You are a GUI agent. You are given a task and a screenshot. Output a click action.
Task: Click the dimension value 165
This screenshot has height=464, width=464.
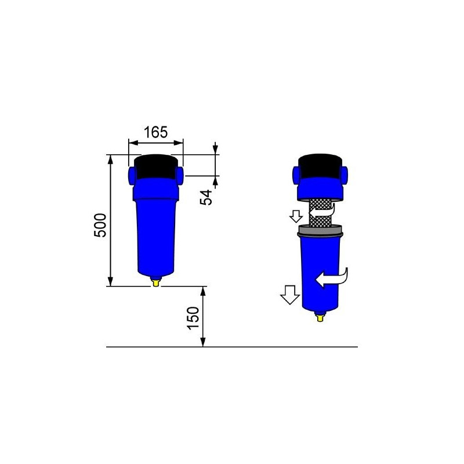[155, 132]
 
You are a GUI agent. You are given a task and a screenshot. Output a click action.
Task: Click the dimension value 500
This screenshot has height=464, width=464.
[100, 224]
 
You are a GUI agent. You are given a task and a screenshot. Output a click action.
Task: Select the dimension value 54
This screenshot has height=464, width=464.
[206, 195]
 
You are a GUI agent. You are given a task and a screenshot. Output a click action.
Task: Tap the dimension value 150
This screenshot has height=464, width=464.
[193, 317]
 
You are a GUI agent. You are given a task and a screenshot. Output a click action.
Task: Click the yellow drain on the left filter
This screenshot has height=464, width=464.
[155, 282]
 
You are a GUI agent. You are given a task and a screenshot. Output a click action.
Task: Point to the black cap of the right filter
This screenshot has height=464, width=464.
[319, 166]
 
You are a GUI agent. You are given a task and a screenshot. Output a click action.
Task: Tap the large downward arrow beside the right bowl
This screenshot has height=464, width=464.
[288, 296]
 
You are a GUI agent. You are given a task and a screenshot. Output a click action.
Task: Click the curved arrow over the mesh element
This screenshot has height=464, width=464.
[324, 217]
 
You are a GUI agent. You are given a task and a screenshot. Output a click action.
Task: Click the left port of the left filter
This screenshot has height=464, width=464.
[129, 174]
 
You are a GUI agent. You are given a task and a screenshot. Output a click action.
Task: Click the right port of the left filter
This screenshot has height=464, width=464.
[181, 174]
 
